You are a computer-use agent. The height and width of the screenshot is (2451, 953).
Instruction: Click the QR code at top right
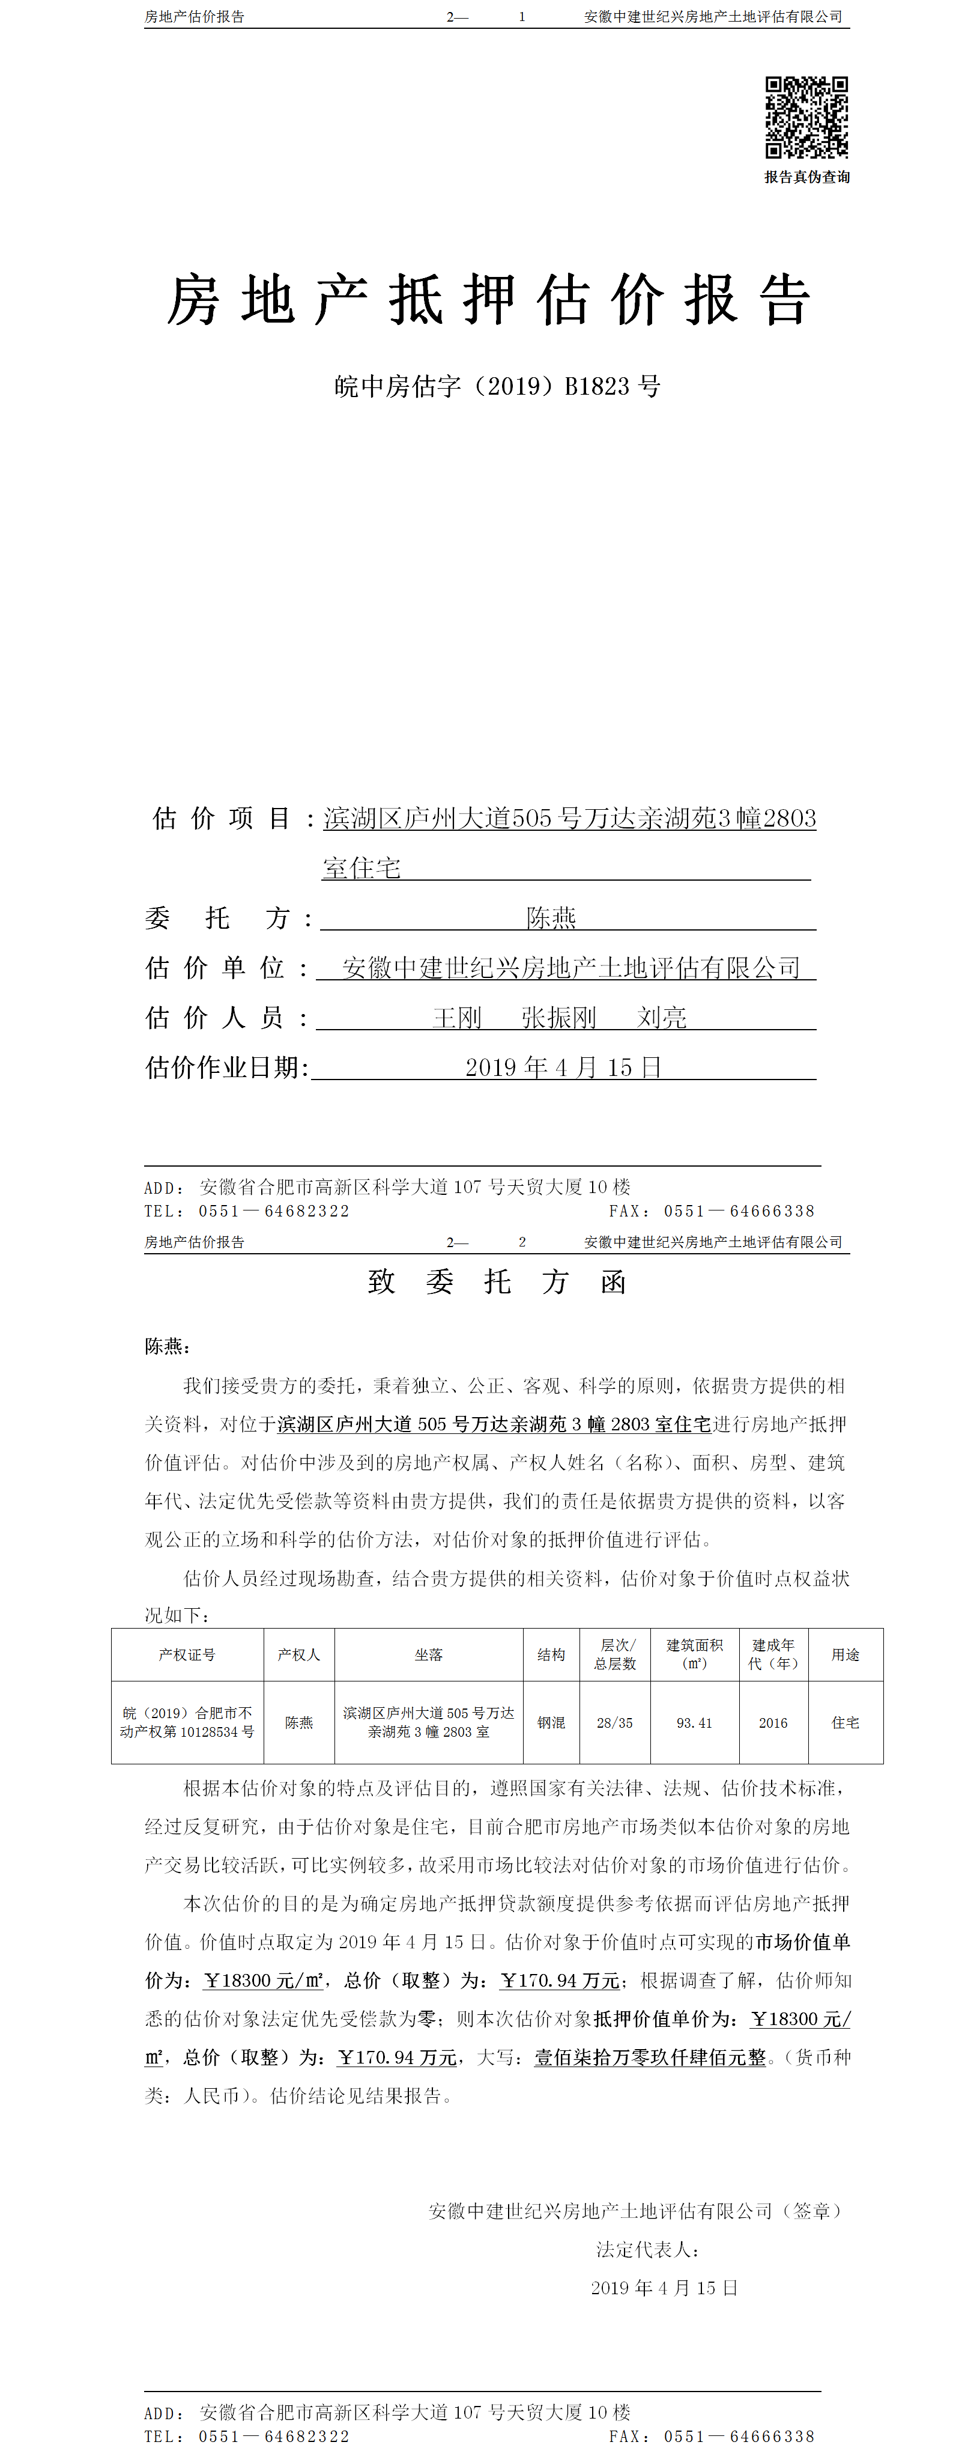806,117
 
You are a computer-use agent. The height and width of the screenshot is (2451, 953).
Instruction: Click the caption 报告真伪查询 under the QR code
806,177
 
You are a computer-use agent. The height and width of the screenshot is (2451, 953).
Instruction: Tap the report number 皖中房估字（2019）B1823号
497,386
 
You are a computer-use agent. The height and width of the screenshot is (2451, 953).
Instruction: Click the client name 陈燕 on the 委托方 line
552,917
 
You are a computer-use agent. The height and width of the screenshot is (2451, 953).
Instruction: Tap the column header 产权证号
187,1654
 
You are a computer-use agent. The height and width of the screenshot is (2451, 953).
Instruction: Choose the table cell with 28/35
614,1722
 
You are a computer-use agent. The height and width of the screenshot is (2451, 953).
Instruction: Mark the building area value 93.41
694,1722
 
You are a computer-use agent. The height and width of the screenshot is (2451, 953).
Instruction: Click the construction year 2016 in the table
773,1722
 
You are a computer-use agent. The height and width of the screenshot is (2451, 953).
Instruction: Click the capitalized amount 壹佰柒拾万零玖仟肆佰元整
650,2057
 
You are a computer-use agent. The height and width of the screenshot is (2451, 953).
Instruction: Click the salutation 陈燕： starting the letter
168,1346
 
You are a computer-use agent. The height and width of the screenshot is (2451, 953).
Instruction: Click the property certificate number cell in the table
187,1722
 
